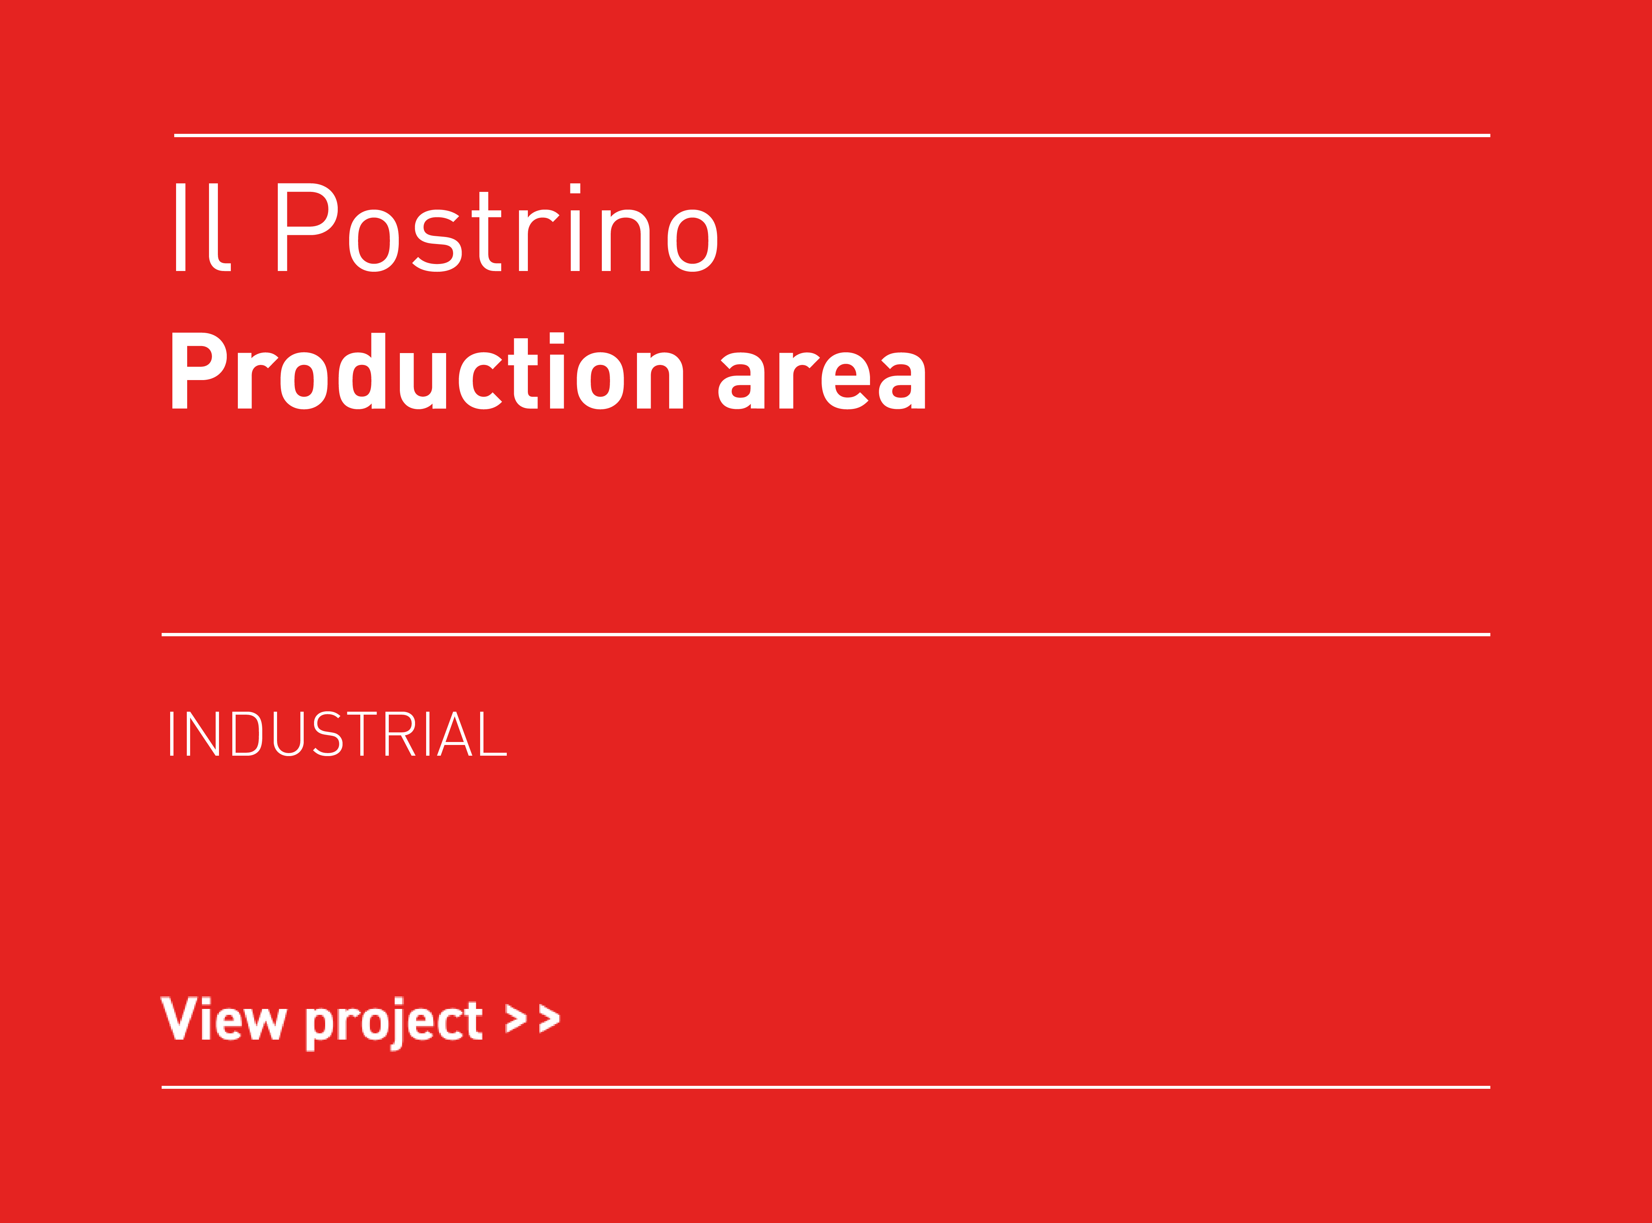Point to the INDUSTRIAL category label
(338, 734)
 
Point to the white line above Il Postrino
(832, 135)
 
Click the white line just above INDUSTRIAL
(826, 634)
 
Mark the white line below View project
(826, 1088)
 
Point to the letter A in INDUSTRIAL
(455, 734)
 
